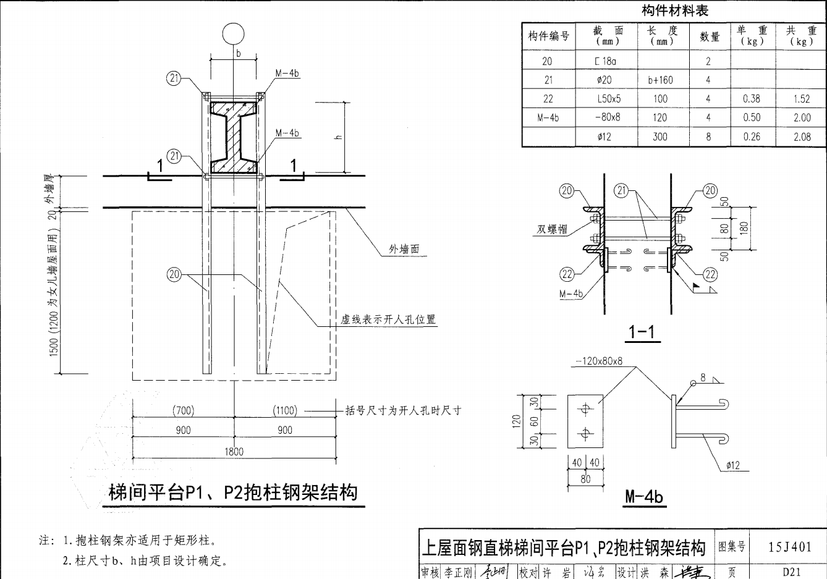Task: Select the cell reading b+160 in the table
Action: click(x=660, y=80)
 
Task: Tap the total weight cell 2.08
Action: click(x=802, y=137)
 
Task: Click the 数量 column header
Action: click(x=709, y=36)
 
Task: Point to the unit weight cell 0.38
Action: click(x=752, y=99)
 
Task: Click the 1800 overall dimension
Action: click(x=234, y=451)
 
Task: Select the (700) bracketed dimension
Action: click(x=183, y=410)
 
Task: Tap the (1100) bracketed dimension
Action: click(x=285, y=410)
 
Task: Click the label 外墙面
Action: click(x=404, y=249)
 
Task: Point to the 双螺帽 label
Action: click(x=551, y=229)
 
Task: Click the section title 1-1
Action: click(x=642, y=333)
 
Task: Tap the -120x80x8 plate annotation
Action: click(x=598, y=361)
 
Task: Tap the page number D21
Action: click(x=791, y=572)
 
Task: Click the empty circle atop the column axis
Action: click(x=234, y=34)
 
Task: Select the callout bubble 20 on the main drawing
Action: click(x=174, y=275)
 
